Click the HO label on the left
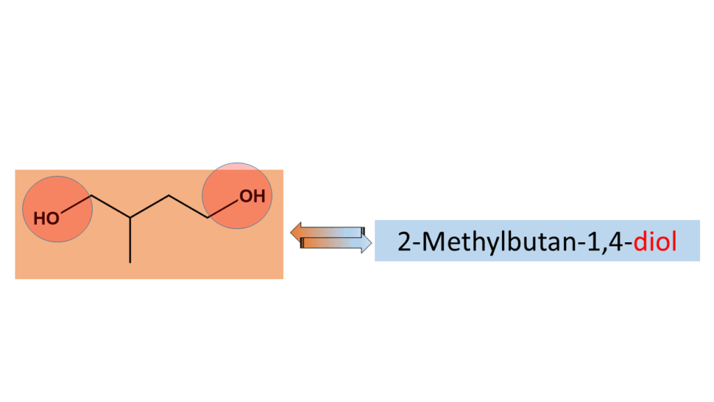(47, 218)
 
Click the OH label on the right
(252, 197)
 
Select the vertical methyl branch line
(130, 241)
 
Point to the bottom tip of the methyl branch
(130, 262)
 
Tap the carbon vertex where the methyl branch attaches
(130, 218)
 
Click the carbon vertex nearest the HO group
(91, 197)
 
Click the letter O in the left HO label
(53, 218)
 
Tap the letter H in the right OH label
(259, 197)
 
